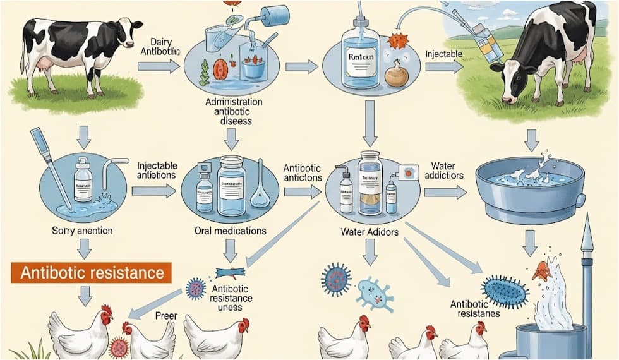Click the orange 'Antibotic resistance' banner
(91, 273)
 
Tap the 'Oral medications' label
(231, 231)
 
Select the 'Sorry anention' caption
(82, 231)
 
